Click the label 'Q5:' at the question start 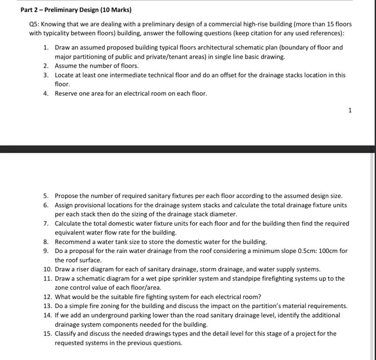click(35, 24)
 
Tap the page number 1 click(350, 110)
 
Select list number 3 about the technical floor click(46, 75)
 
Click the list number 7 click(46, 224)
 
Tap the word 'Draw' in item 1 click(63, 47)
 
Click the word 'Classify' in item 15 click(66, 333)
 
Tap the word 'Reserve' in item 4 click(66, 93)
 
